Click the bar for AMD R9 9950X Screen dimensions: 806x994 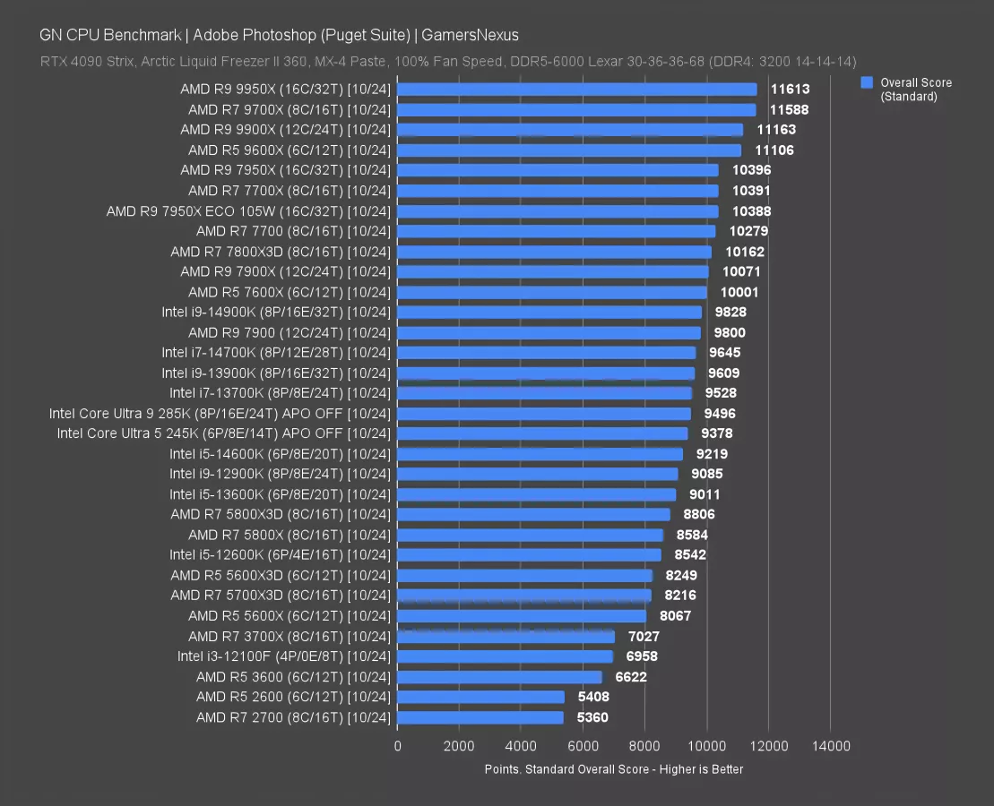coord(576,90)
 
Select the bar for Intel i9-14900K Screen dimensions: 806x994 coord(549,313)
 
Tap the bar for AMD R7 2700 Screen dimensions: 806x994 coord(480,717)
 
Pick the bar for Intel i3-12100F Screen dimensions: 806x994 coord(505,656)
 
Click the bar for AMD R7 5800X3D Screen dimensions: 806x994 coord(533,515)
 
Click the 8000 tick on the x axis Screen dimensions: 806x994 coord(644,745)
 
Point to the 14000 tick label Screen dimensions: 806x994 coord(830,745)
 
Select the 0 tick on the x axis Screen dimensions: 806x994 coord(397,745)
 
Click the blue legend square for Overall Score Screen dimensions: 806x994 coord(867,82)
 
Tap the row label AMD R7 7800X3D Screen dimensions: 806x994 coord(281,252)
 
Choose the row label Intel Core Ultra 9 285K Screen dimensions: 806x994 coord(220,414)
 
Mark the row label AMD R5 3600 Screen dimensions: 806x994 coord(293,677)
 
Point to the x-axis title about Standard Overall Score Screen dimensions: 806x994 coord(613,769)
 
